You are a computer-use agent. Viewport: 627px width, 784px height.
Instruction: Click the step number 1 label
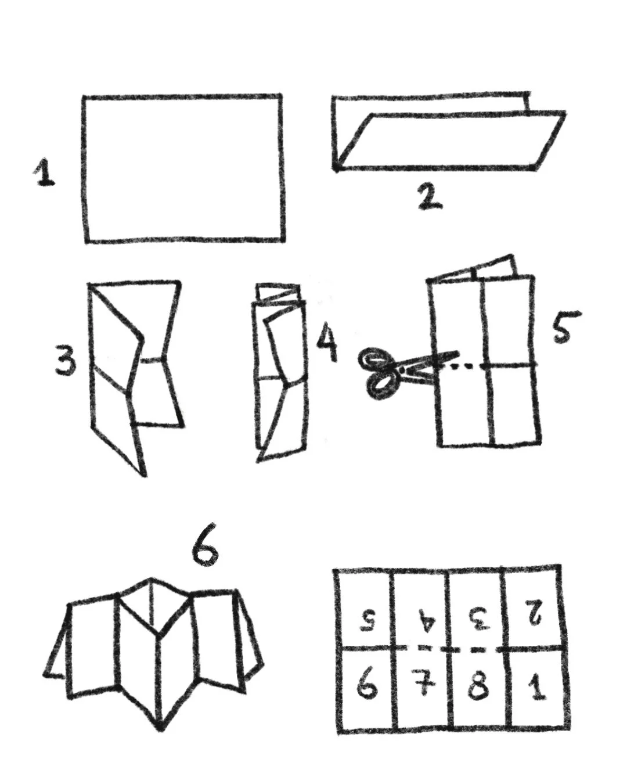point(45,172)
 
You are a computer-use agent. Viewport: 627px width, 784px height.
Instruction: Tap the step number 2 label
point(430,196)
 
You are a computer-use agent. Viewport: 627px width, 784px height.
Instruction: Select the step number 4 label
point(327,343)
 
